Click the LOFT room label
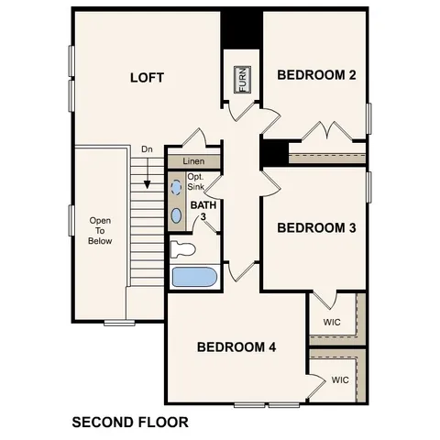click(147, 78)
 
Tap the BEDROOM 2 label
click(316, 75)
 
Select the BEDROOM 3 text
click(316, 227)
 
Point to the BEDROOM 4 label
click(236, 346)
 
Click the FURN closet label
click(243, 80)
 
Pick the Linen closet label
click(193, 161)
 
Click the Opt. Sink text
click(196, 181)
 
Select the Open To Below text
click(100, 231)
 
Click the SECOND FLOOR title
click(129, 423)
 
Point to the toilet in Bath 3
click(183, 247)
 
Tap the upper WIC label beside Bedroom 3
click(333, 323)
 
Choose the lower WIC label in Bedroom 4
click(340, 379)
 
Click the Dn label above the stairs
click(147, 149)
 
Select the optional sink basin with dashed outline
click(177, 186)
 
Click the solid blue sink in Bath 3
click(177, 215)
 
